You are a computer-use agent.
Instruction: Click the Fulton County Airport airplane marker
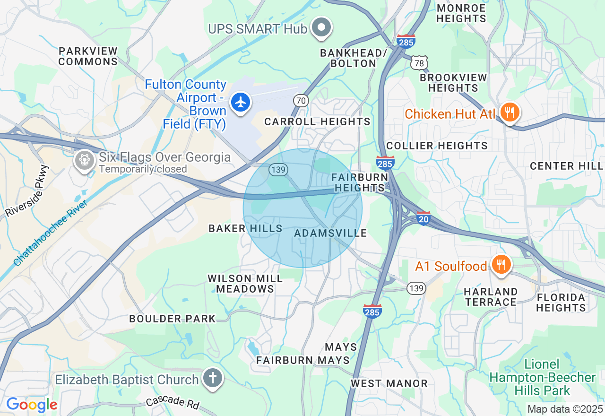(241, 102)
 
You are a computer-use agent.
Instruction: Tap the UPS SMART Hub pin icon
(322, 27)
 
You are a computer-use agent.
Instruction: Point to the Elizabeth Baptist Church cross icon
(213, 378)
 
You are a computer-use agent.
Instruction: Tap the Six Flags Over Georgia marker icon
(85, 160)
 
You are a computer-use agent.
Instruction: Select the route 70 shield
(301, 100)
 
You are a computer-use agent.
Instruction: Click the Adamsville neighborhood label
(330, 233)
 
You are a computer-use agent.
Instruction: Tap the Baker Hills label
(245, 229)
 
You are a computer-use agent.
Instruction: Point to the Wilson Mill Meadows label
(245, 284)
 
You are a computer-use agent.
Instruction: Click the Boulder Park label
(173, 319)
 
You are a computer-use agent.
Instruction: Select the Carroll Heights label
(317, 121)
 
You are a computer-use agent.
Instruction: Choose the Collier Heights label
(437, 146)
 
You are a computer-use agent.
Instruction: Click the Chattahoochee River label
(50, 233)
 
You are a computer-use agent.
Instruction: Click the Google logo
(32, 405)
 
